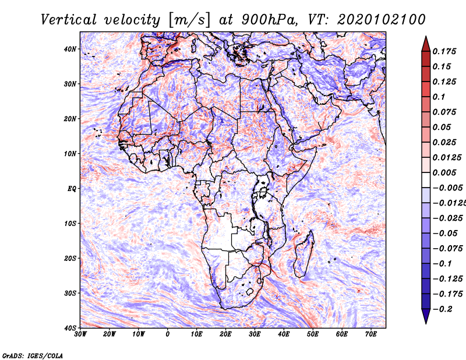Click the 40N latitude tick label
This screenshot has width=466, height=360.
pos(70,49)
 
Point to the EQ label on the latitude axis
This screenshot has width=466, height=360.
pos(71,188)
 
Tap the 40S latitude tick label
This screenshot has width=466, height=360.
pos(70,327)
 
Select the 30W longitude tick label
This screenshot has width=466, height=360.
pos(80,334)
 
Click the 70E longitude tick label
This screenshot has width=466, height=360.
pos(371,334)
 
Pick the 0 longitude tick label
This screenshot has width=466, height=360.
pos(168,334)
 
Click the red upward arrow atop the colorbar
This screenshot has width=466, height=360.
pos(426,43)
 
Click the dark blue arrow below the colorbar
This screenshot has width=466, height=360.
pos(426,316)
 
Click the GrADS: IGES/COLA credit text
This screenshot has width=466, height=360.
pos(33,355)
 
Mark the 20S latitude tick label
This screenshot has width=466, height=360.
pos(70,258)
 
